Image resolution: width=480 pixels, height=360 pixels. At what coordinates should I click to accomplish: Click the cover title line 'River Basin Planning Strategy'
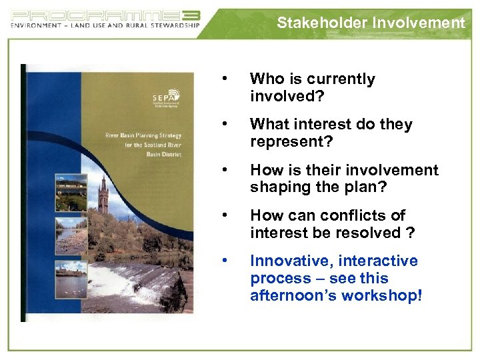(x=143, y=135)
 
